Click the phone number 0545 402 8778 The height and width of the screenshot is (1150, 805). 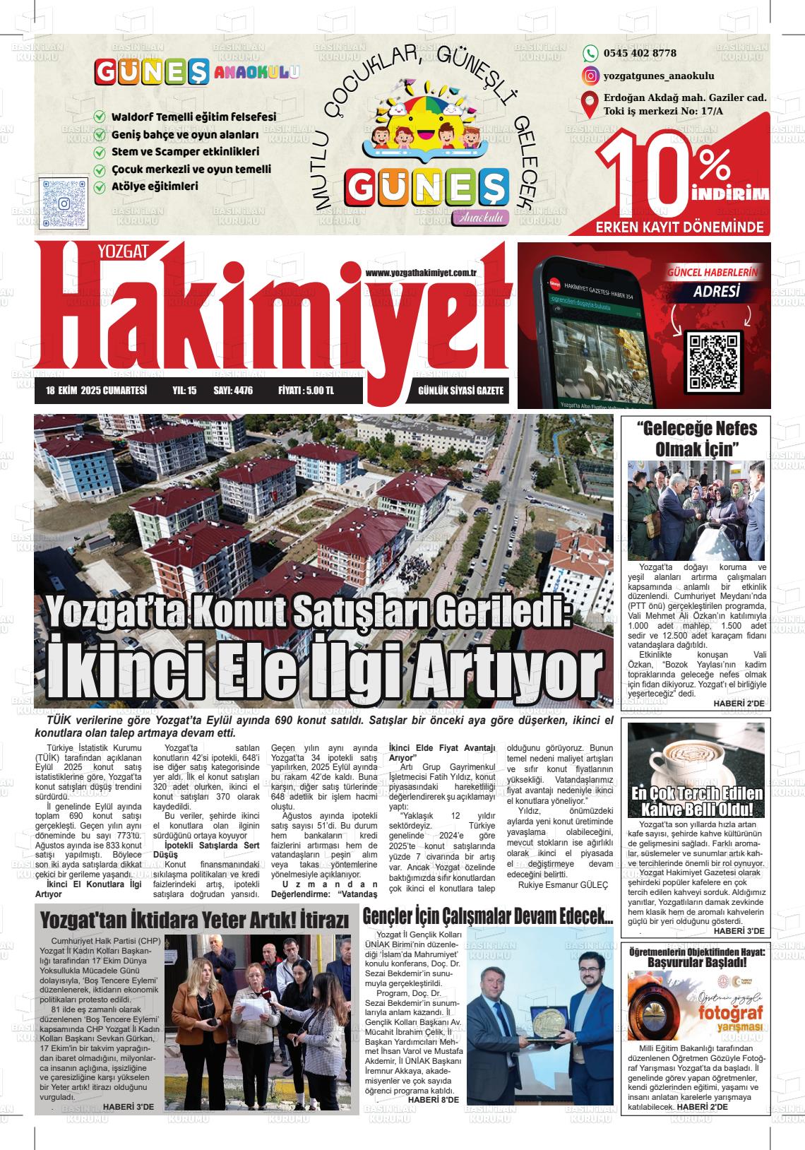point(640,53)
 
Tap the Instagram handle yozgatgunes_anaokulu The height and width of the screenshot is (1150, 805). point(659,76)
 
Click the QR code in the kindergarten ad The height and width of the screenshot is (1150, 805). point(64,203)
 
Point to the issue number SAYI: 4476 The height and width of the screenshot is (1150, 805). point(232,391)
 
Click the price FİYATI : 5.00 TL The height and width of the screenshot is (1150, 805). point(306,391)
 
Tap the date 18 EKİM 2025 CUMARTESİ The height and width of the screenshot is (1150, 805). point(96,391)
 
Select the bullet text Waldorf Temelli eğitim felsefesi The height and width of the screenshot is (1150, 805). point(193,117)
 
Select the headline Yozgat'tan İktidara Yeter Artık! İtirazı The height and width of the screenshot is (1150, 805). point(195,920)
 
